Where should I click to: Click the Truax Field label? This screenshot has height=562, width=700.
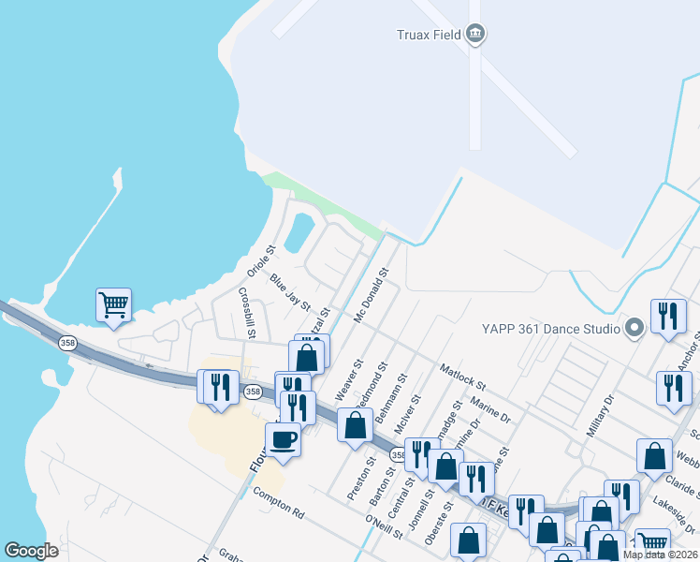tap(427, 36)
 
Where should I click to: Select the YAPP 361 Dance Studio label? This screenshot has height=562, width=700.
tap(550, 329)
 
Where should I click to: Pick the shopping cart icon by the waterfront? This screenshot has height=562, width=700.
tap(113, 304)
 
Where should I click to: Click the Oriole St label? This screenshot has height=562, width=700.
tap(257, 261)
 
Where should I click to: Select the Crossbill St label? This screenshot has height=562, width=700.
tap(246, 313)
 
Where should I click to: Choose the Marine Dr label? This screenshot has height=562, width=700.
tap(490, 409)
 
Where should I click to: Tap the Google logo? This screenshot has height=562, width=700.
tap(31, 551)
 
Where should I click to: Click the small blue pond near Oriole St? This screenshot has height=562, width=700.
tap(299, 232)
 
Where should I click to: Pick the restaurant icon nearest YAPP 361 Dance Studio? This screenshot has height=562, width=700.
tap(667, 316)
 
